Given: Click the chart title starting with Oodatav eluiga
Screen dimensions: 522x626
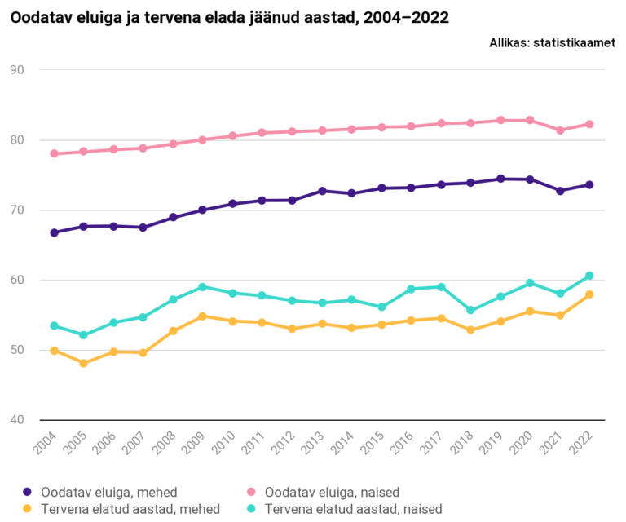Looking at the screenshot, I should (x=229, y=17).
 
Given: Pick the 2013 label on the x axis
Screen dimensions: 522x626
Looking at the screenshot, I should (x=317, y=446).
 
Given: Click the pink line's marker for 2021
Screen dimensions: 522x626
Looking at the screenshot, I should (x=560, y=130).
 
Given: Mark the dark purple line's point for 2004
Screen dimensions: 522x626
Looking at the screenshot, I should (x=55, y=232).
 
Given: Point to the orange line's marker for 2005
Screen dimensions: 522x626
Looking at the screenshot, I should (x=84, y=363).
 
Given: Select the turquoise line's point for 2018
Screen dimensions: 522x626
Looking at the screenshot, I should (x=470, y=310).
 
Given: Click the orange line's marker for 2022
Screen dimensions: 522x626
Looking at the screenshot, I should (x=589, y=294).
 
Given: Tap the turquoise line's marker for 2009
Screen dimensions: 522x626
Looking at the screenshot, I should (x=203, y=287).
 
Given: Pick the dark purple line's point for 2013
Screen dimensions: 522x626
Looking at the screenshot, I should (x=322, y=191).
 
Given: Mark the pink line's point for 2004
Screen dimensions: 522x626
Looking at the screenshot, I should (x=55, y=153).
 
